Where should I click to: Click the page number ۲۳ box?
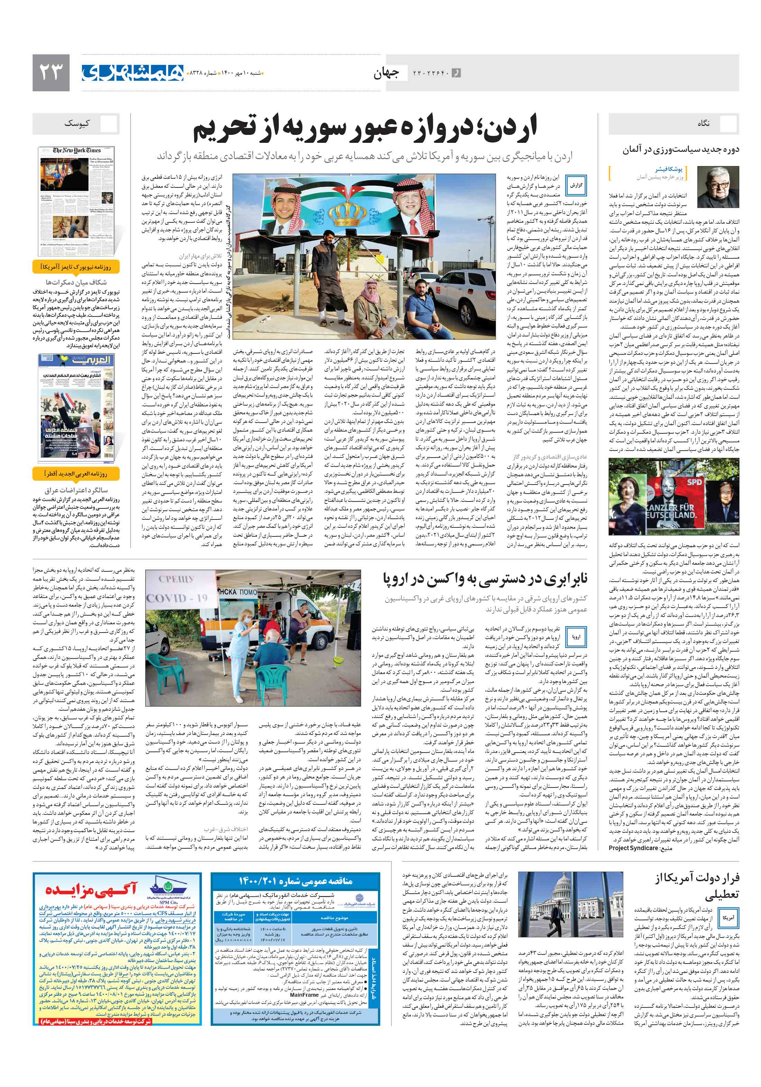click(51, 72)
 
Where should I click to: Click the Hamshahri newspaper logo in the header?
click(132, 72)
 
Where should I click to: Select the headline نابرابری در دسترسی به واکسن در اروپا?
click(485, 579)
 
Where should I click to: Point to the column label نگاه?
click(703, 123)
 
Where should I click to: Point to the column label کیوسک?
click(77, 123)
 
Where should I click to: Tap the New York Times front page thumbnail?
click(76, 201)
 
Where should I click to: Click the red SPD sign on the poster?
click(695, 482)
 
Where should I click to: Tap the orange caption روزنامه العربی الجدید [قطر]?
click(76, 473)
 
